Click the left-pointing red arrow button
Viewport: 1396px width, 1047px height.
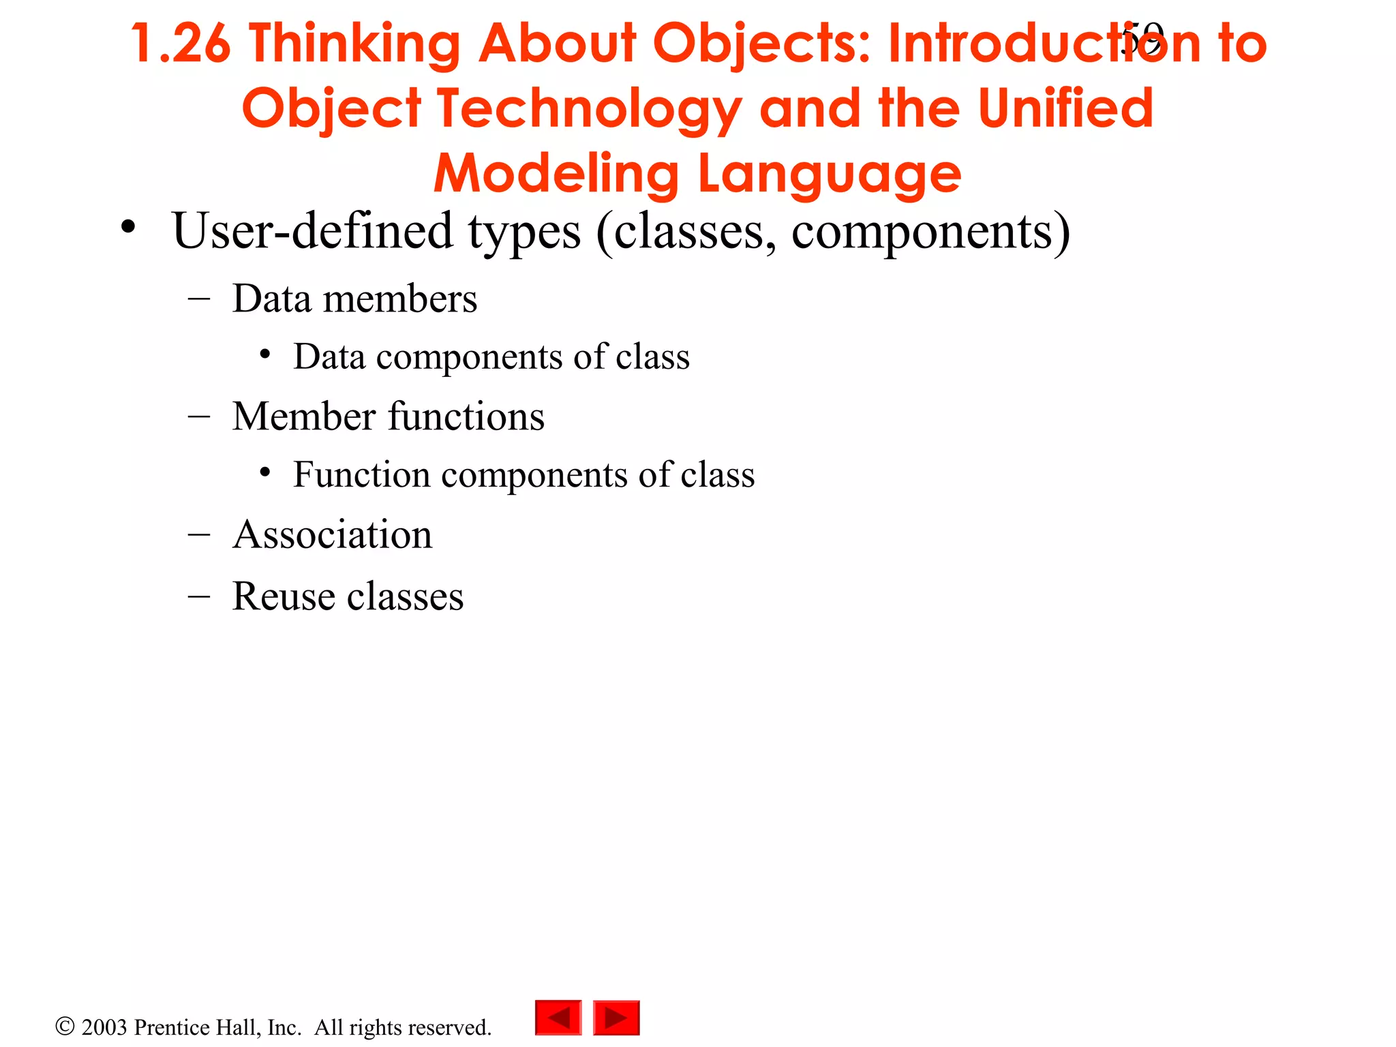pos(558,1018)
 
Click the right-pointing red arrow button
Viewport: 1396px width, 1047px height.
pos(616,1018)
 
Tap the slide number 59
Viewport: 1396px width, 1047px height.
pos(1142,38)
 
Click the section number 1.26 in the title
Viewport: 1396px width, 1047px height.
pos(181,44)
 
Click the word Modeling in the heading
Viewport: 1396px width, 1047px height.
pos(556,174)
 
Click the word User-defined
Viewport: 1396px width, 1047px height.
pos(312,230)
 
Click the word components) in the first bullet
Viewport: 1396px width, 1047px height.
pos(931,232)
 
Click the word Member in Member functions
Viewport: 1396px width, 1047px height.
pos(303,416)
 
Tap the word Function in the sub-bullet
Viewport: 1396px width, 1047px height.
pos(361,474)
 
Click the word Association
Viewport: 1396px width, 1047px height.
pos(333,534)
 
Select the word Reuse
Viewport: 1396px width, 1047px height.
pos(284,596)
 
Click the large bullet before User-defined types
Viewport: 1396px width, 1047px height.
pos(128,228)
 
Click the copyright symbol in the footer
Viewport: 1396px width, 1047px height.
pos(65,1026)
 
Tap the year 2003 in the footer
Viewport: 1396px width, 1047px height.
pos(104,1027)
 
